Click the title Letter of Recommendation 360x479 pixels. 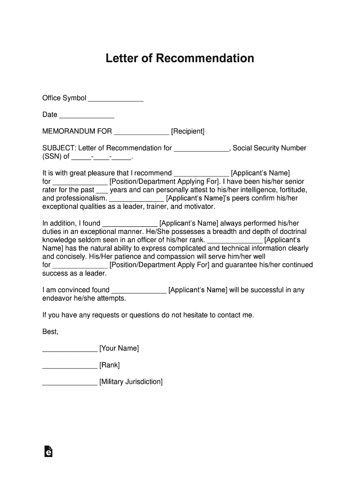click(x=180, y=58)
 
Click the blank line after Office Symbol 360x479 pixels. click(x=115, y=99)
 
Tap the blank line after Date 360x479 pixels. click(x=87, y=116)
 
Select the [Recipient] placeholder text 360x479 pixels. click(x=187, y=131)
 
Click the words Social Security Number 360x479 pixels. click(x=269, y=148)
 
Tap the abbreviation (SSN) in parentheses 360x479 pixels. click(x=52, y=157)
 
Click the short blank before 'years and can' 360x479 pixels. click(x=101, y=191)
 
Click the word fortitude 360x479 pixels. click(x=293, y=190)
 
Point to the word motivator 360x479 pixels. click(x=199, y=207)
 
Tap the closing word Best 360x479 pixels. click(x=50, y=332)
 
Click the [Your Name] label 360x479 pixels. click(x=119, y=348)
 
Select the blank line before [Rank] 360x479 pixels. click(x=70, y=366)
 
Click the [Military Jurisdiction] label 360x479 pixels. click(x=131, y=382)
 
